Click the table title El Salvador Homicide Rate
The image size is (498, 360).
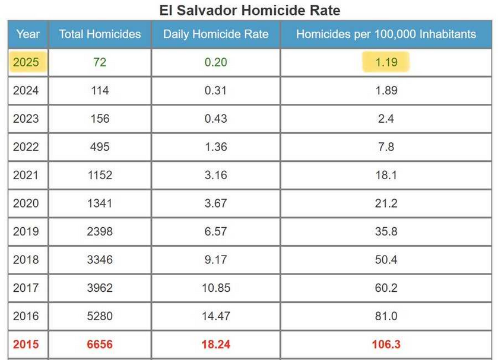pyautogui.click(x=250, y=10)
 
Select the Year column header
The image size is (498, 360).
pyautogui.click(x=28, y=34)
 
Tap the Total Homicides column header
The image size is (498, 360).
pyautogui.click(x=100, y=34)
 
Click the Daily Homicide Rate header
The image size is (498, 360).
pyautogui.click(x=215, y=34)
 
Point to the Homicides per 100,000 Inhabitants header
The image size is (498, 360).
pyautogui.click(x=386, y=34)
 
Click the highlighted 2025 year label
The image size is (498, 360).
pyautogui.click(x=26, y=62)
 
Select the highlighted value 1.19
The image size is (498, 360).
pyautogui.click(x=386, y=62)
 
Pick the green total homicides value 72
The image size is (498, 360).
pyautogui.click(x=100, y=62)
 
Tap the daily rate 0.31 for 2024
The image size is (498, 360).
pyautogui.click(x=215, y=90)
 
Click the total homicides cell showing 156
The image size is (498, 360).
pyautogui.click(x=100, y=119)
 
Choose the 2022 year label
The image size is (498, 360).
pyautogui.click(x=26, y=146)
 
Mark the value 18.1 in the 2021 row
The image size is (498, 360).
pyautogui.click(x=386, y=175)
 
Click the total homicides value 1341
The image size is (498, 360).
pyautogui.click(x=100, y=203)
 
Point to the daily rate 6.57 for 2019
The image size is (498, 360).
pyautogui.click(x=215, y=231)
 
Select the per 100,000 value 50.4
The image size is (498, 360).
pyautogui.click(x=386, y=259)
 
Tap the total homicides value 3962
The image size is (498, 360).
pyautogui.click(x=100, y=288)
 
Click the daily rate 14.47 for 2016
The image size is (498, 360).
pyautogui.click(x=215, y=316)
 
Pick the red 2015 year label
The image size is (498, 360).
pyautogui.click(x=26, y=345)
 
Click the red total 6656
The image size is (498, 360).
pyautogui.click(x=100, y=345)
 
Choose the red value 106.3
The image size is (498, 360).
pyautogui.click(x=386, y=345)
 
